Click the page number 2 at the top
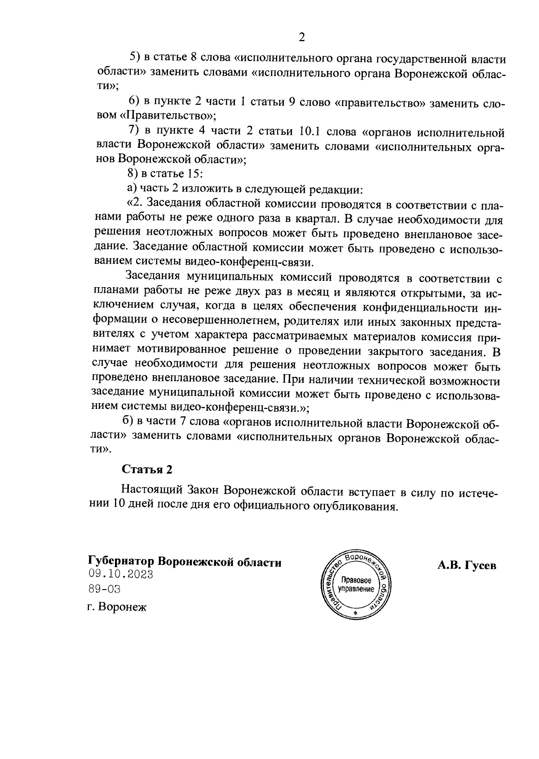(x=302, y=37)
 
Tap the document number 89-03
(x=105, y=589)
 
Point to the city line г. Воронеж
(x=117, y=608)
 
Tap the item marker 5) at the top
(x=135, y=58)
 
